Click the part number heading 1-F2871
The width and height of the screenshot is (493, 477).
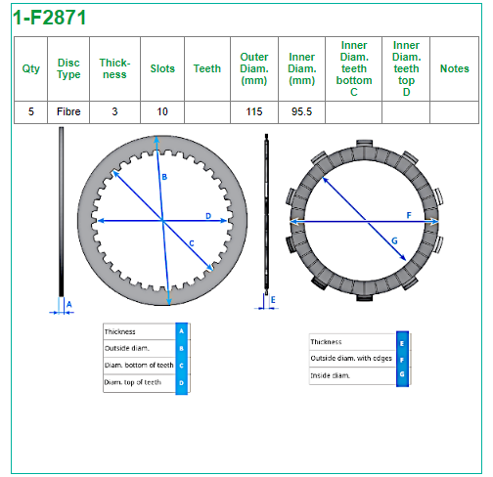tap(50, 18)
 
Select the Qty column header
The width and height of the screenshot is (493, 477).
tap(31, 68)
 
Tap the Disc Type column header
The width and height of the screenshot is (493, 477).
tap(68, 68)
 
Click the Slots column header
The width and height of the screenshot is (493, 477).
tap(162, 68)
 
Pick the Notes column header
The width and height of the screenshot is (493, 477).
tap(455, 68)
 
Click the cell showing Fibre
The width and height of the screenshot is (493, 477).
tap(68, 111)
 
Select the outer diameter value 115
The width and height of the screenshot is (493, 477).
tap(254, 111)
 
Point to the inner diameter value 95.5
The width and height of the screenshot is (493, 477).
tap(301, 111)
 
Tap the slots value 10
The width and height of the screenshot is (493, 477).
tap(162, 111)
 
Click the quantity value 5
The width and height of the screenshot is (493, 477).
tap(31, 111)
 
